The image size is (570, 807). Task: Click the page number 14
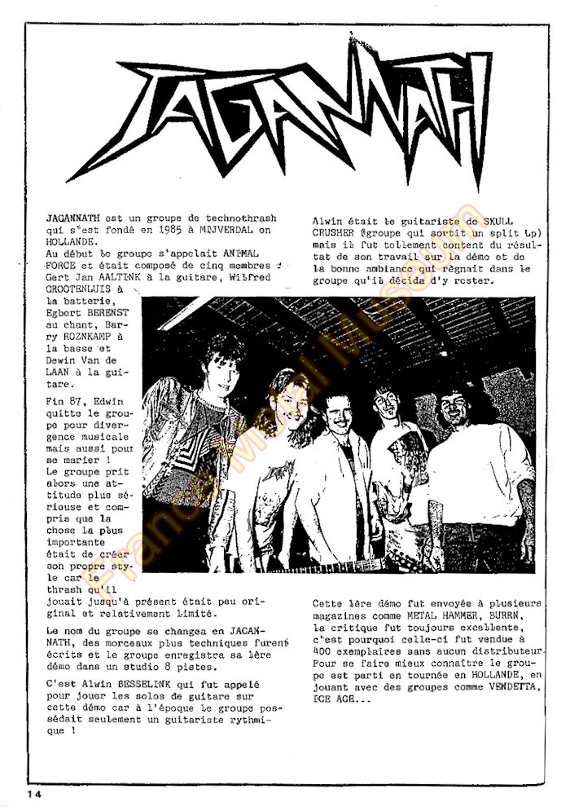33,792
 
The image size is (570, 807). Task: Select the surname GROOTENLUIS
82,289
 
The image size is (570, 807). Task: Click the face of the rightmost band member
453,407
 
